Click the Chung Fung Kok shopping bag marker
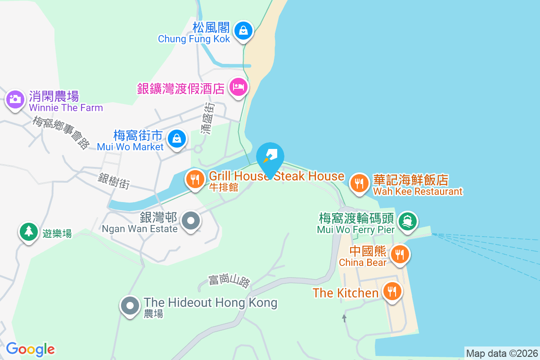(x=243, y=31)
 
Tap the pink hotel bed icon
(x=237, y=86)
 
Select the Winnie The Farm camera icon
(x=15, y=99)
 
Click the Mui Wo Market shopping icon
(x=177, y=139)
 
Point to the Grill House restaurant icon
(x=195, y=180)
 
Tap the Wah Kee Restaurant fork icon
(x=359, y=184)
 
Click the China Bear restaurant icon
(x=399, y=254)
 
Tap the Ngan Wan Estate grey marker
(x=191, y=221)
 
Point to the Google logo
(x=30, y=349)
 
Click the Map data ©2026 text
(x=502, y=353)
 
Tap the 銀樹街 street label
(x=114, y=181)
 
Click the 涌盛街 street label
(x=208, y=118)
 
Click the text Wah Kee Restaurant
(x=418, y=192)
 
